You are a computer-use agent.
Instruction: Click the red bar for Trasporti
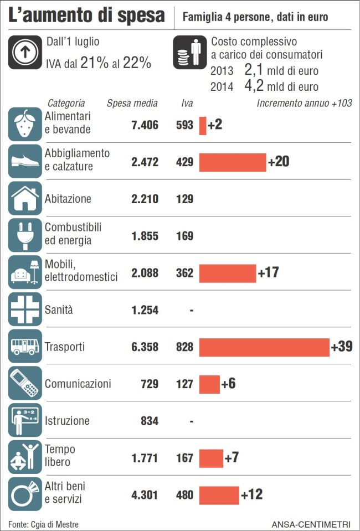click(264, 347)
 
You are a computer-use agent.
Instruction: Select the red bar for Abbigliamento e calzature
click(233, 162)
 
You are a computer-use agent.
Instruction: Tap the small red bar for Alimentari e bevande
click(203, 125)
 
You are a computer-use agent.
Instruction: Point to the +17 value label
click(269, 273)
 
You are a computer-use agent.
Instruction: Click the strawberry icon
click(25, 125)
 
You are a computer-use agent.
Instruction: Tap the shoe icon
click(25, 162)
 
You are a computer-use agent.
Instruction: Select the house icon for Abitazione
click(25, 198)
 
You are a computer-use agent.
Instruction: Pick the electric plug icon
click(25, 235)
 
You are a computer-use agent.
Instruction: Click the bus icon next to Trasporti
click(25, 347)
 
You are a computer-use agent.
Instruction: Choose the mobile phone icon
click(25, 383)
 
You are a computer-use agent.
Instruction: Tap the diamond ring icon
click(25, 494)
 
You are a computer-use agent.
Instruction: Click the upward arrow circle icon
click(25, 53)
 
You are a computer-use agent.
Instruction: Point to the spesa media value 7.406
click(145, 125)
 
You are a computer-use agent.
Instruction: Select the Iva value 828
click(184, 347)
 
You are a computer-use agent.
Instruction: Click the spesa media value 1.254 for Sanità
click(145, 310)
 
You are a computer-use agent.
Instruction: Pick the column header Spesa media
click(132, 104)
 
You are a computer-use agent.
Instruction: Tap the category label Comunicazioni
click(78, 384)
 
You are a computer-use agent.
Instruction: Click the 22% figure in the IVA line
click(137, 63)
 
